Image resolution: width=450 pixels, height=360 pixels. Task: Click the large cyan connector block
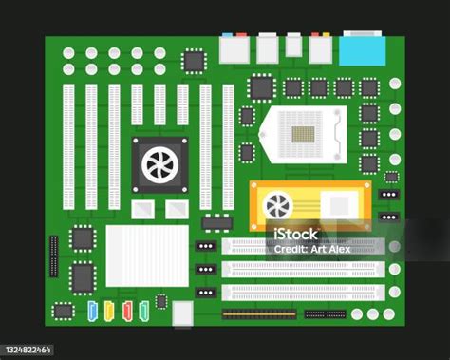point(363,51)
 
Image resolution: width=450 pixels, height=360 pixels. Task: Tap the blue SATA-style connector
point(92,312)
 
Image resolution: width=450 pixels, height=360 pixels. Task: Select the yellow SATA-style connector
point(109,312)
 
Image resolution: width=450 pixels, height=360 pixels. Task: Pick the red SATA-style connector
point(127,312)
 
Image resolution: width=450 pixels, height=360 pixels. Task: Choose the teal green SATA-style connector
point(144,312)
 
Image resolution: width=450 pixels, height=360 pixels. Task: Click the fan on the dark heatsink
point(159,165)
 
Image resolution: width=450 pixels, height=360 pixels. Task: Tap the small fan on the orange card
point(277,205)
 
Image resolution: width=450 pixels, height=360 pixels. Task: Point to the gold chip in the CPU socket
point(303,134)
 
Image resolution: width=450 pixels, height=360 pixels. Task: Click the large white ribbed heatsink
point(147,256)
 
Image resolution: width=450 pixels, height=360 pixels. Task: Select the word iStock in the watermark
point(295,235)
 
